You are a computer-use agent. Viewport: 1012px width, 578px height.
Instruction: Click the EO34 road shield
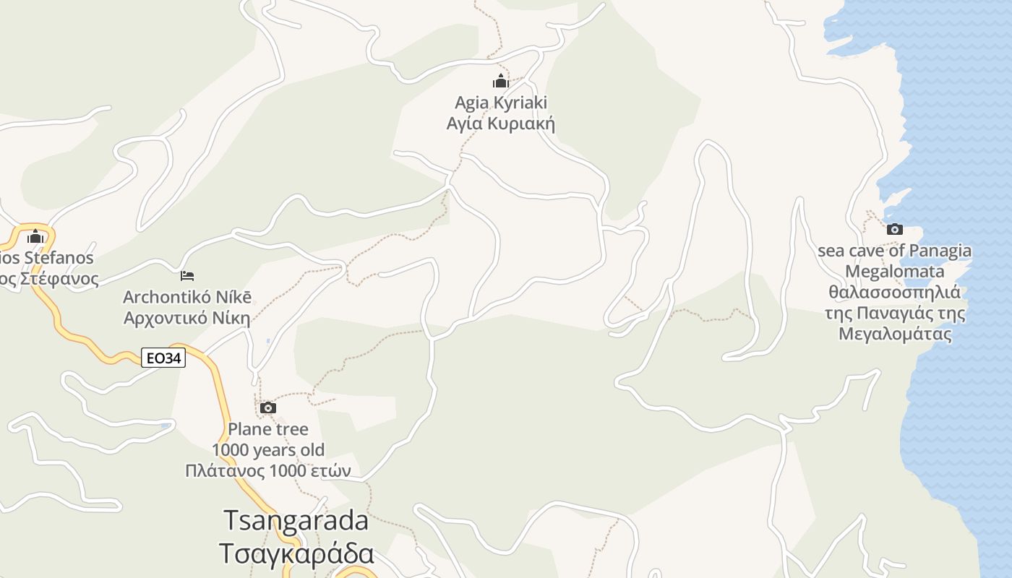click(163, 358)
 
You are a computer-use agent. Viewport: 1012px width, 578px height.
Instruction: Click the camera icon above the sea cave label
click(894, 230)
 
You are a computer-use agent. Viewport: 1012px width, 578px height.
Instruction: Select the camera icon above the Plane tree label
click(267, 408)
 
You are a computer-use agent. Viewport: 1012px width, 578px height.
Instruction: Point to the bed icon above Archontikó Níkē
click(187, 276)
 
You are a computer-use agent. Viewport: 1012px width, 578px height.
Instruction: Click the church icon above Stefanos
click(35, 236)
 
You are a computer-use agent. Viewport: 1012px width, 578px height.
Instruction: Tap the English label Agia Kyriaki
click(500, 103)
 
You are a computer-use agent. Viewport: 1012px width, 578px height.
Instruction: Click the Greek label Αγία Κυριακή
click(500, 124)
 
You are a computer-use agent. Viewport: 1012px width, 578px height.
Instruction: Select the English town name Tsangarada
click(296, 520)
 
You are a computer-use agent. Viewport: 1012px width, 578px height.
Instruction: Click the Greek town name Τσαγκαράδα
click(296, 553)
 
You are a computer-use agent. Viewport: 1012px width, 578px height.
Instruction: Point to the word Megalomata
click(894, 272)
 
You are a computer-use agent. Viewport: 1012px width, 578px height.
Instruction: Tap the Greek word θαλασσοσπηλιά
click(894, 293)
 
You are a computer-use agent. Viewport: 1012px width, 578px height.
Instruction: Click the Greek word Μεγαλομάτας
click(894, 335)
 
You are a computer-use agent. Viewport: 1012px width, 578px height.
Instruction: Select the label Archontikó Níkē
click(187, 297)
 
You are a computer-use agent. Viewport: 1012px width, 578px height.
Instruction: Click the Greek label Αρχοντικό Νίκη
click(187, 318)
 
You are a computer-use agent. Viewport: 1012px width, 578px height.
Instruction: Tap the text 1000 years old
click(267, 450)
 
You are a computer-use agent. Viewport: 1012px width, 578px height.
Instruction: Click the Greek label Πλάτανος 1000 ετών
click(267, 471)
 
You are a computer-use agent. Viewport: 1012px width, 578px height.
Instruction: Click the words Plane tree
click(267, 429)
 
